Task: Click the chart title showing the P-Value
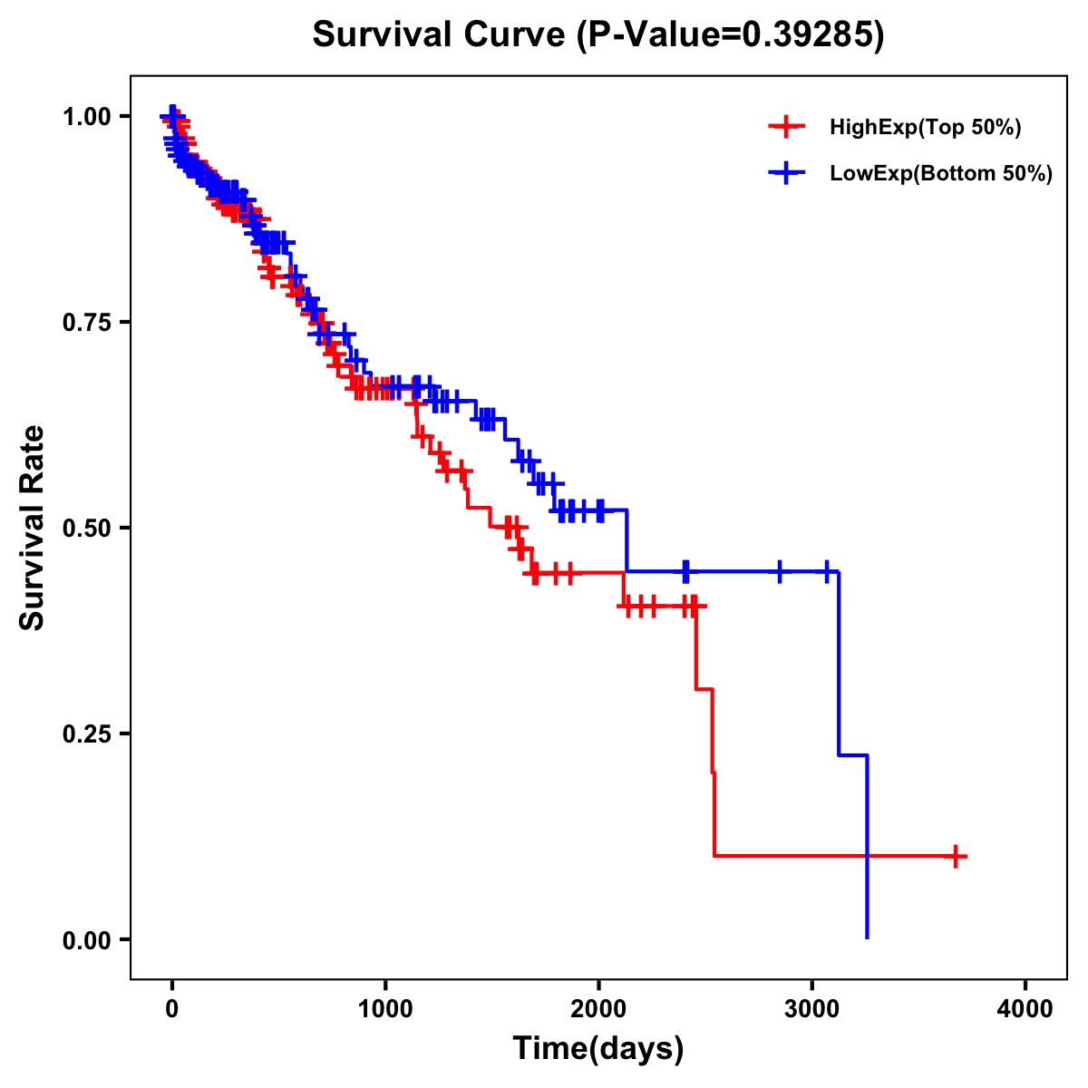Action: tap(598, 34)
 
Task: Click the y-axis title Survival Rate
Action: tap(33, 528)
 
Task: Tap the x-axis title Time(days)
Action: tap(598, 1048)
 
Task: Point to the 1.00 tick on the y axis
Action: tap(87, 116)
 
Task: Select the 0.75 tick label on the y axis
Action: tap(87, 322)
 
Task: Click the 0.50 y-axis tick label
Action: tap(87, 528)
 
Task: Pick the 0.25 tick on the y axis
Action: tap(87, 733)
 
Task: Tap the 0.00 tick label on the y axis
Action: tap(87, 939)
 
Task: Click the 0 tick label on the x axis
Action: tap(172, 1008)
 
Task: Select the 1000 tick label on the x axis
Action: tap(385, 1008)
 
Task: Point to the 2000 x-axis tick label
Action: tap(598, 1008)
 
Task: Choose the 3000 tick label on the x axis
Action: tap(812, 1008)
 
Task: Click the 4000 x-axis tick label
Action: tap(1025, 1008)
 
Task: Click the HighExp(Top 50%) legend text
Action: tap(925, 128)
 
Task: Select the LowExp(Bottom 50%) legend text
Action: tap(941, 174)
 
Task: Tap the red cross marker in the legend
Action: tap(786, 127)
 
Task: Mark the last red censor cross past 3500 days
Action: tap(955, 856)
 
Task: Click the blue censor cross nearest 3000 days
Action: tap(827, 571)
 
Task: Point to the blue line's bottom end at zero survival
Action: tap(868, 937)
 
